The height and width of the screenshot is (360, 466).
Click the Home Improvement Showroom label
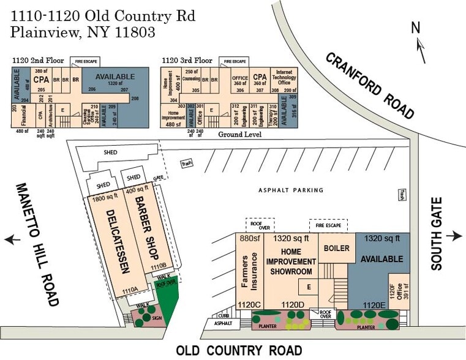coord(291,261)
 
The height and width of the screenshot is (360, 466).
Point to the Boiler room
coord(336,249)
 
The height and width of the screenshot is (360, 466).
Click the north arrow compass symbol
coord(420,43)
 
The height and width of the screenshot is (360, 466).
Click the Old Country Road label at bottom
coord(239,350)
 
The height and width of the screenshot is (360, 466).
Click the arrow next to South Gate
coord(456,236)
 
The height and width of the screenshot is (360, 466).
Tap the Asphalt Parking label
coord(291,190)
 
